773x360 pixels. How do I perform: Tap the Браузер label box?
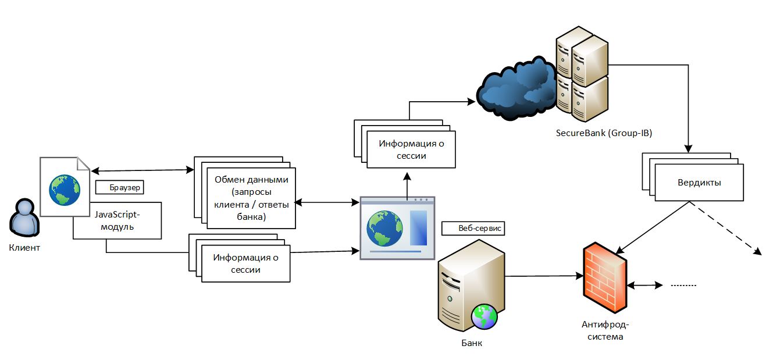(119, 188)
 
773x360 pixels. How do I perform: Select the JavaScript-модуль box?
(117, 220)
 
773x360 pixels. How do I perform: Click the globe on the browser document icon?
(65, 190)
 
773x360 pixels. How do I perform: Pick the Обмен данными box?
(251, 198)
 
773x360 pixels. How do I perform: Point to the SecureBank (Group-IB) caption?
(603, 133)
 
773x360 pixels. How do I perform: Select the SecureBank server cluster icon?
(581, 73)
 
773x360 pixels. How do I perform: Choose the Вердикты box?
(699, 183)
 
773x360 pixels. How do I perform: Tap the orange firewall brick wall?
(604, 277)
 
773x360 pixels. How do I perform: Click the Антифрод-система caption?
(605, 330)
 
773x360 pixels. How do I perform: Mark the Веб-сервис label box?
(473, 229)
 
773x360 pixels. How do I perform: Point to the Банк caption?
(472, 343)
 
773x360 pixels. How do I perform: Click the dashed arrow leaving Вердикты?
(727, 229)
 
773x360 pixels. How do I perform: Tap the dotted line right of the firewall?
(683, 286)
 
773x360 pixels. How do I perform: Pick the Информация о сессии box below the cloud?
(411, 149)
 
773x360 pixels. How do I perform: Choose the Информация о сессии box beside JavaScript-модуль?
(245, 263)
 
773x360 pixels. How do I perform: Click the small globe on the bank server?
(485, 316)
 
